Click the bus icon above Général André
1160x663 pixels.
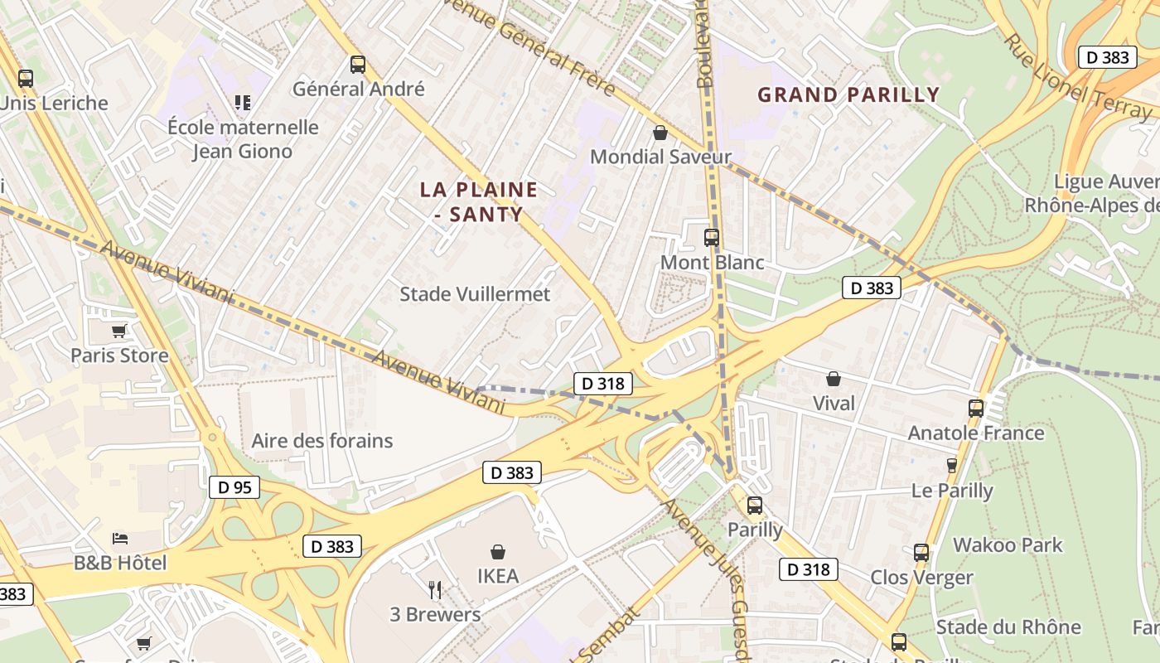(358, 64)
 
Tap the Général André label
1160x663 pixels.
(359, 89)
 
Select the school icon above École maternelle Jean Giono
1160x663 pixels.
(242, 102)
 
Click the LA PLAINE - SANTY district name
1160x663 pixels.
(479, 201)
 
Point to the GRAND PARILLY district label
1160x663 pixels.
(848, 94)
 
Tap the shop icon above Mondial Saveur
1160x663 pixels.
(660, 133)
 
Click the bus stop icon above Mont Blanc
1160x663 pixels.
(711, 238)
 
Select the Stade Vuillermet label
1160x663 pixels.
(475, 294)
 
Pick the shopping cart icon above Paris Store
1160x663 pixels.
(119, 331)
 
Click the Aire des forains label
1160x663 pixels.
(322, 440)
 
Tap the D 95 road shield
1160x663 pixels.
(235, 487)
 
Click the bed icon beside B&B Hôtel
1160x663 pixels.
(120, 539)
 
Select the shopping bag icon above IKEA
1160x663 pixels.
(498, 551)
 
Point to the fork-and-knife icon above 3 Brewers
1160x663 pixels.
(435, 590)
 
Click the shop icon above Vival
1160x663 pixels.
(834, 379)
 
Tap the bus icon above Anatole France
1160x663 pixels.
(976, 408)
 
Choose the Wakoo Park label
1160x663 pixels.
(1008, 544)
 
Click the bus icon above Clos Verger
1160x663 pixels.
(921, 553)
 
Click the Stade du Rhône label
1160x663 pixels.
(1008, 627)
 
